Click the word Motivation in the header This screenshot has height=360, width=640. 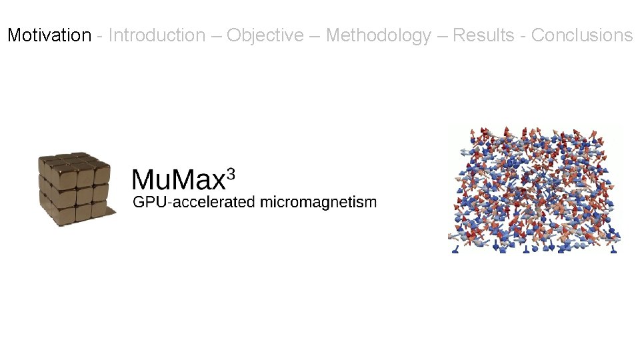click(x=49, y=35)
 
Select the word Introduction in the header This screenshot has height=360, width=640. click(x=157, y=35)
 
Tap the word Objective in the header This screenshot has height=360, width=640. click(x=265, y=35)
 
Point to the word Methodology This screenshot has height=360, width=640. click(x=378, y=35)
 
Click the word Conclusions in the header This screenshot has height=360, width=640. click(x=582, y=35)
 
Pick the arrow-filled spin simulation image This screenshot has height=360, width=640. click(x=535, y=189)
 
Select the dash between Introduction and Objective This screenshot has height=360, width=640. click(x=216, y=36)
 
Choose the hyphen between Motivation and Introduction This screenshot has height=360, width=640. click(x=99, y=36)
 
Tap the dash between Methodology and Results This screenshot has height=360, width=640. click(x=442, y=36)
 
